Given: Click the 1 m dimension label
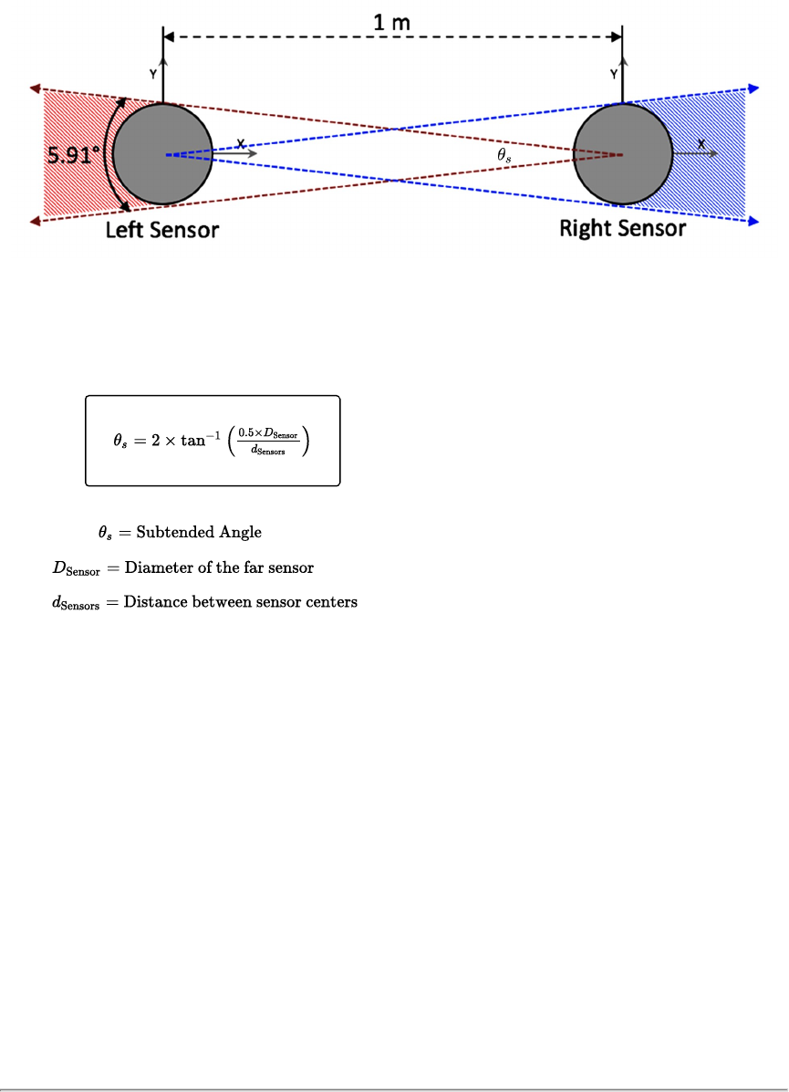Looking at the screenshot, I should (x=392, y=22).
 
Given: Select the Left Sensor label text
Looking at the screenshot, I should (x=161, y=229).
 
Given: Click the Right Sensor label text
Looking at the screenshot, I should (x=622, y=228).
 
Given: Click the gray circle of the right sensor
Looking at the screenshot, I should (x=623, y=154).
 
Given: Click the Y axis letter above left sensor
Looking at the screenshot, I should (x=152, y=73).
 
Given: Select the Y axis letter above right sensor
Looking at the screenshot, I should (x=614, y=73).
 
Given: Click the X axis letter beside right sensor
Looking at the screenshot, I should (x=701, y=144).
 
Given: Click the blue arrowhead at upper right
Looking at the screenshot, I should (x=754, y=88).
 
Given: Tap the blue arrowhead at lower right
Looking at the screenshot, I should (x=754, y=221).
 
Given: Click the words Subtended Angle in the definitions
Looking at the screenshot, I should (x=199, y=532).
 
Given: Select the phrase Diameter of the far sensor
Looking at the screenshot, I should (x=219, y=567).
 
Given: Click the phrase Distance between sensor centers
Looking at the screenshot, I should (x=241, y=602).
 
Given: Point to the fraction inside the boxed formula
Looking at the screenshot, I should (x=267, y=442).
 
